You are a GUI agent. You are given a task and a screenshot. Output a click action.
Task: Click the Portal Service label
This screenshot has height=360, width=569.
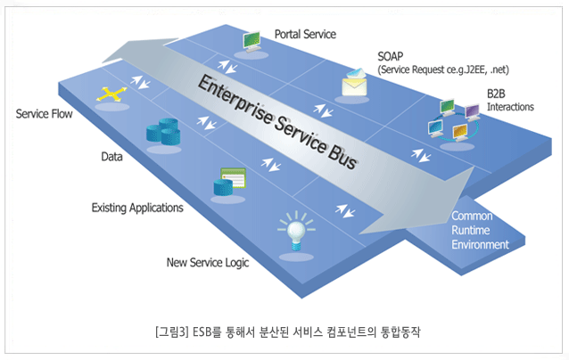[305, 35]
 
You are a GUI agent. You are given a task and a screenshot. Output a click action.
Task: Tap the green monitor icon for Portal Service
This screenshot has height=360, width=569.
[252, 40]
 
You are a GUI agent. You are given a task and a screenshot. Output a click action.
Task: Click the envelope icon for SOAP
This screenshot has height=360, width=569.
[355, 83]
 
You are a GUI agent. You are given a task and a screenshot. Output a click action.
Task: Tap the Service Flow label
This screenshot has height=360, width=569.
[44, 114]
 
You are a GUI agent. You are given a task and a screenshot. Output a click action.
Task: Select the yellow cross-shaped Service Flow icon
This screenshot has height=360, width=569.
[111, 95]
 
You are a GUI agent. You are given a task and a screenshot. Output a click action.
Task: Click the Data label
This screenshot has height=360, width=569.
[111, 156]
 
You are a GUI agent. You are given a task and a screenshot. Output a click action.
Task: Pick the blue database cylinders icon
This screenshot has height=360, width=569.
[164, 135]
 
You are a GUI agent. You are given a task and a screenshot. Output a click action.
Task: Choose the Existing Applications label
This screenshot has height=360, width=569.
[137, 209]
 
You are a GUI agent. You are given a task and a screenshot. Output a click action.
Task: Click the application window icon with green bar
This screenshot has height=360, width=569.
[227, 182]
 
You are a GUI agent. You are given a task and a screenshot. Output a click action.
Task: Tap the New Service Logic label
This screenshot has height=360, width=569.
[208, 263]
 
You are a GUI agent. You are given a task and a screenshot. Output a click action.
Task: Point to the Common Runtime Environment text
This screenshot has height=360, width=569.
[480, 231]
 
